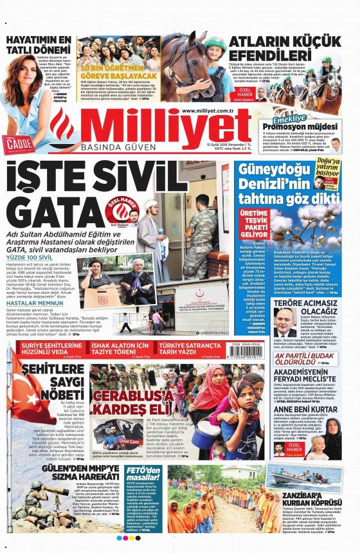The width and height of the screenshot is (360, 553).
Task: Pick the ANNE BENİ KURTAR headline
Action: [x=305, y=409]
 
